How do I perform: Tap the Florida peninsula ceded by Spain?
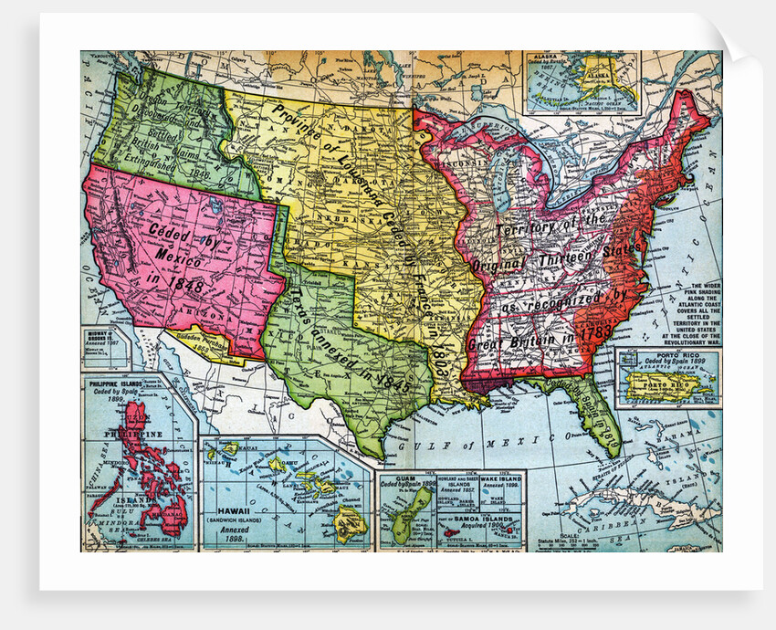click(598, 415)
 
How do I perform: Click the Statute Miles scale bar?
click(676, 540)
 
